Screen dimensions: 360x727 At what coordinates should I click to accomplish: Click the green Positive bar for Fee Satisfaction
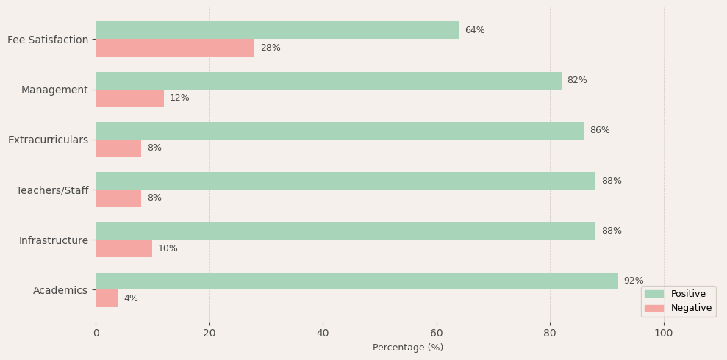click(277, 30)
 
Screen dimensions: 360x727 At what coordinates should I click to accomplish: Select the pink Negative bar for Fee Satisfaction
click(175, 48)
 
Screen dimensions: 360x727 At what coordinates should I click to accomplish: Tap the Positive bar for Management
click(328, 81)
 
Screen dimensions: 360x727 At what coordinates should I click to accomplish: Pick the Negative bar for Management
click(129, 98)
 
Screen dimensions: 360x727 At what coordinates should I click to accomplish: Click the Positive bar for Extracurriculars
click(340, 131)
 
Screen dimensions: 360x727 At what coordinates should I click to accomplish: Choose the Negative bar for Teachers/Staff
click(118, 198)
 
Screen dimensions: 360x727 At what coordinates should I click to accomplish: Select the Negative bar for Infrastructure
click(123, 248)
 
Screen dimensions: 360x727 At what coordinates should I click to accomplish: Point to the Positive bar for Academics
click(357, 281)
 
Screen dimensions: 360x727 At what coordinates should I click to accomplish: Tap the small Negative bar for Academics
click(107, 298)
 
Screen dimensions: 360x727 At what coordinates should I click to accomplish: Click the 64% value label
click(475, 30)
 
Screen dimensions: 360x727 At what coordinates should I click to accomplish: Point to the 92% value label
click(634, 281)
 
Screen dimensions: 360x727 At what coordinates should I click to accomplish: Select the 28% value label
click(271, 48)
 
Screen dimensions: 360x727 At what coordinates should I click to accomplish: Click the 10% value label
click(168, 248)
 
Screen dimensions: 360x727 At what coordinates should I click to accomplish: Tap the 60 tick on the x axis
click(437, 333)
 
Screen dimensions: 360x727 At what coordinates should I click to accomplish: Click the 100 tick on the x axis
click(664, 333)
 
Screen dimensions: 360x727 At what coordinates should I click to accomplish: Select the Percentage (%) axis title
click(408, 348)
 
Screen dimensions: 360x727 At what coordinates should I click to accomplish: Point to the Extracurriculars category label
click(48, 140)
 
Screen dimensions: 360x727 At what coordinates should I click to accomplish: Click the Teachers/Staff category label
click(52, 190)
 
